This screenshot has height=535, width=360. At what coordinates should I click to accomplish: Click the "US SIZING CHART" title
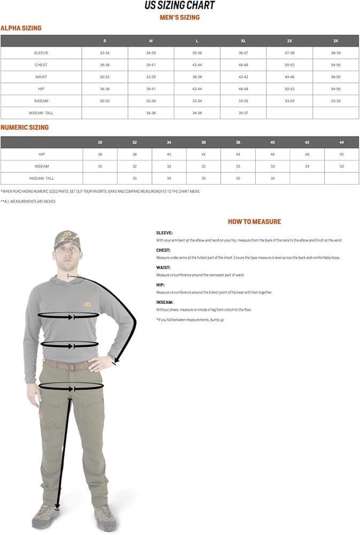(180, 6)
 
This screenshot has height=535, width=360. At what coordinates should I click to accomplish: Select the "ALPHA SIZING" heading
(21, 28)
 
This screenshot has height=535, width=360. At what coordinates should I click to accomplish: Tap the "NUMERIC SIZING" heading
(25, 127)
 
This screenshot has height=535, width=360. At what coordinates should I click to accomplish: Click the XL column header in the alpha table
(243, 41)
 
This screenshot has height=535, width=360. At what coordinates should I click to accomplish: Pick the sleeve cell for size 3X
(336, 53)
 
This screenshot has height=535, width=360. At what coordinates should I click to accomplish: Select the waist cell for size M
(151, 77)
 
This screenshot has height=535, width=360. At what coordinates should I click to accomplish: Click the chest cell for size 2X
(289, 65)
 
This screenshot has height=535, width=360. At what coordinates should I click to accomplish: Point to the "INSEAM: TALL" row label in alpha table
(41, 113)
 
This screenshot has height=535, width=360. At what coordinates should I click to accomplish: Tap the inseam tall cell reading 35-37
(243, 113)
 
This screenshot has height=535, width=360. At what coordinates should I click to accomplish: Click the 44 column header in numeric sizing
(341, 142)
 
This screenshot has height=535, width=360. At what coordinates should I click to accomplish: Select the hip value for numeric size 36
(203, 154)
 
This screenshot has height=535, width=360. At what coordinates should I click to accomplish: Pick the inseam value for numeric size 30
(100, 166)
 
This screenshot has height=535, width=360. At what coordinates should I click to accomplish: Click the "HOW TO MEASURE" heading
(254, 221)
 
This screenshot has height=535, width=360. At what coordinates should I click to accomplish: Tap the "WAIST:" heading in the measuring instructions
(163, 267)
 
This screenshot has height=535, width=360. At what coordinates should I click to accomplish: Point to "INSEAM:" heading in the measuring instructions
(164, 302)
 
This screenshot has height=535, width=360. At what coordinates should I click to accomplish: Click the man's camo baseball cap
(67, 239)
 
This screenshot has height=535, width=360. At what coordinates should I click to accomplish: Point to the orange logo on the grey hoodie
(86, 304)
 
